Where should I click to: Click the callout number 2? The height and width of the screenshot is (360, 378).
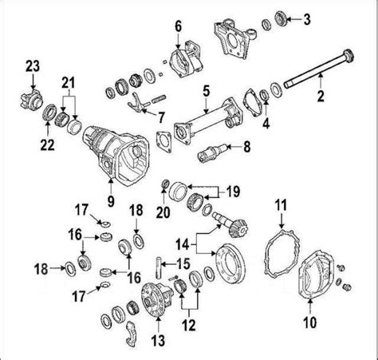pyautogui.click(x=321, y=96)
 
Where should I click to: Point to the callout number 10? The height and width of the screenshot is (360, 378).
pyautogui.click(x=309, y=322)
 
